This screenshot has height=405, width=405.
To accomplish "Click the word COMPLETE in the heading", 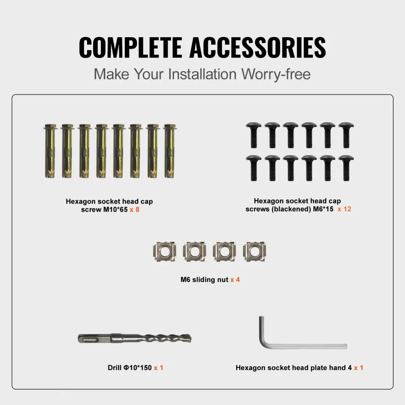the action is pyautogui.click(x=131, y=47).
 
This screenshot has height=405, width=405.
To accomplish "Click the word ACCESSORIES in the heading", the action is pyautogui.click(x=258, y=47).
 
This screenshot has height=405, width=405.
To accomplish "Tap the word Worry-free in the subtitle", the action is pyautogui.click(x=276, y=74).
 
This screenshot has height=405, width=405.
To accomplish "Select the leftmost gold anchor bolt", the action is pyautogui.click(x=50, y=151).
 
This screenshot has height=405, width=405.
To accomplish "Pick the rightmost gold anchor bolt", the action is pyautogui.click(x=170, y=151).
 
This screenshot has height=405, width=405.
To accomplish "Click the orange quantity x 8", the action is pyautogui.click(x=134, y=209).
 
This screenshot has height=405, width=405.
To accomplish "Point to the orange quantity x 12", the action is pyautogui.click(x=344, y=209).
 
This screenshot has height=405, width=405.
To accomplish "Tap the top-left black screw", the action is pyautogui.click(x=254, y=135).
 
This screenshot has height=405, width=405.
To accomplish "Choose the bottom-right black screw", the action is pyautogui.click(x=346, y=168).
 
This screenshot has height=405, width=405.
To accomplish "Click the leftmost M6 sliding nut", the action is pyautogui.click(x=165, y=252).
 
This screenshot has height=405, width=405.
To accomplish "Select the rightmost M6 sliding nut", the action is pyautogui.click(x=255, y=252).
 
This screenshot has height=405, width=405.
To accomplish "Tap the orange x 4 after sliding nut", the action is pyautogui.click(x=235, y=280).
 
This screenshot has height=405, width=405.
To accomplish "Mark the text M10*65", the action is pyautogui.click(x=115, y=209).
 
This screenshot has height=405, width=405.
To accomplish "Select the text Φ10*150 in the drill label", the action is pyautogui.click(x=138, y=368).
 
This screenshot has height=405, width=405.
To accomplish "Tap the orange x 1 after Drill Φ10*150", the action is pyautogui.click(x=159, y=368).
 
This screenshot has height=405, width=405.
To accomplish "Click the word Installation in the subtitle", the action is pyautogui.click(x=202, y=74).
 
